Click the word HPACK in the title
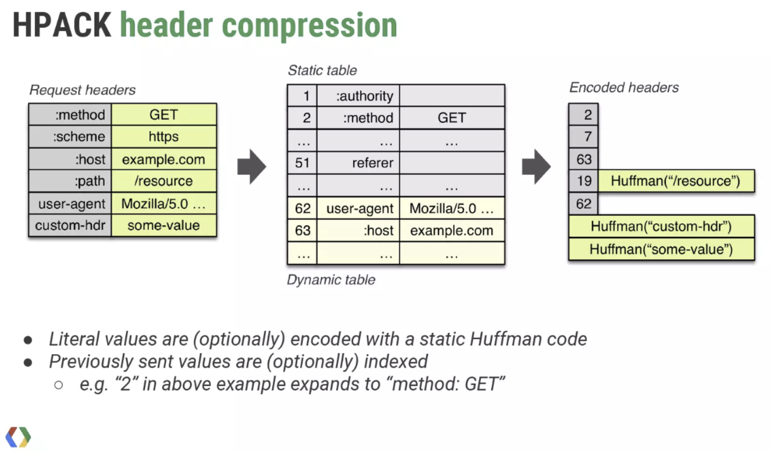click(x=61, y=25)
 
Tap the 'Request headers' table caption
click(x=82, y=90)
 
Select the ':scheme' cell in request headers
click(x=70, y=137)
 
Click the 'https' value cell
click(x=164, y=137)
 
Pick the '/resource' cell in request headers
click(x=164, y=181)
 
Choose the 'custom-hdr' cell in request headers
click(x=70, y=225)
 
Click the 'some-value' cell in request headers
click(x=164, y=225)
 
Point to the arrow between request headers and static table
click(x=252, y=167)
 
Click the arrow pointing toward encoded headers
click(x=536, y=167)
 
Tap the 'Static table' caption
click(x=322, y=70)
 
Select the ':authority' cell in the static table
click(x=359, y=96)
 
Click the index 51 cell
click(x=302, y=163)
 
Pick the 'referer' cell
click(x=359, y=163)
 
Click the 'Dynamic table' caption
click(x=331, y=280)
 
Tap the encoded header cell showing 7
click(x=584, y=137)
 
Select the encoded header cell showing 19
click(x=584, y=181)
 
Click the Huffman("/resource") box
click(x=676, y=181)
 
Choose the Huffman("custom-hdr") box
click(x=661, y=226)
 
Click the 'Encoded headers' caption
click(x=624, y=87)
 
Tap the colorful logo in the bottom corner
click(x=18, y=437)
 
